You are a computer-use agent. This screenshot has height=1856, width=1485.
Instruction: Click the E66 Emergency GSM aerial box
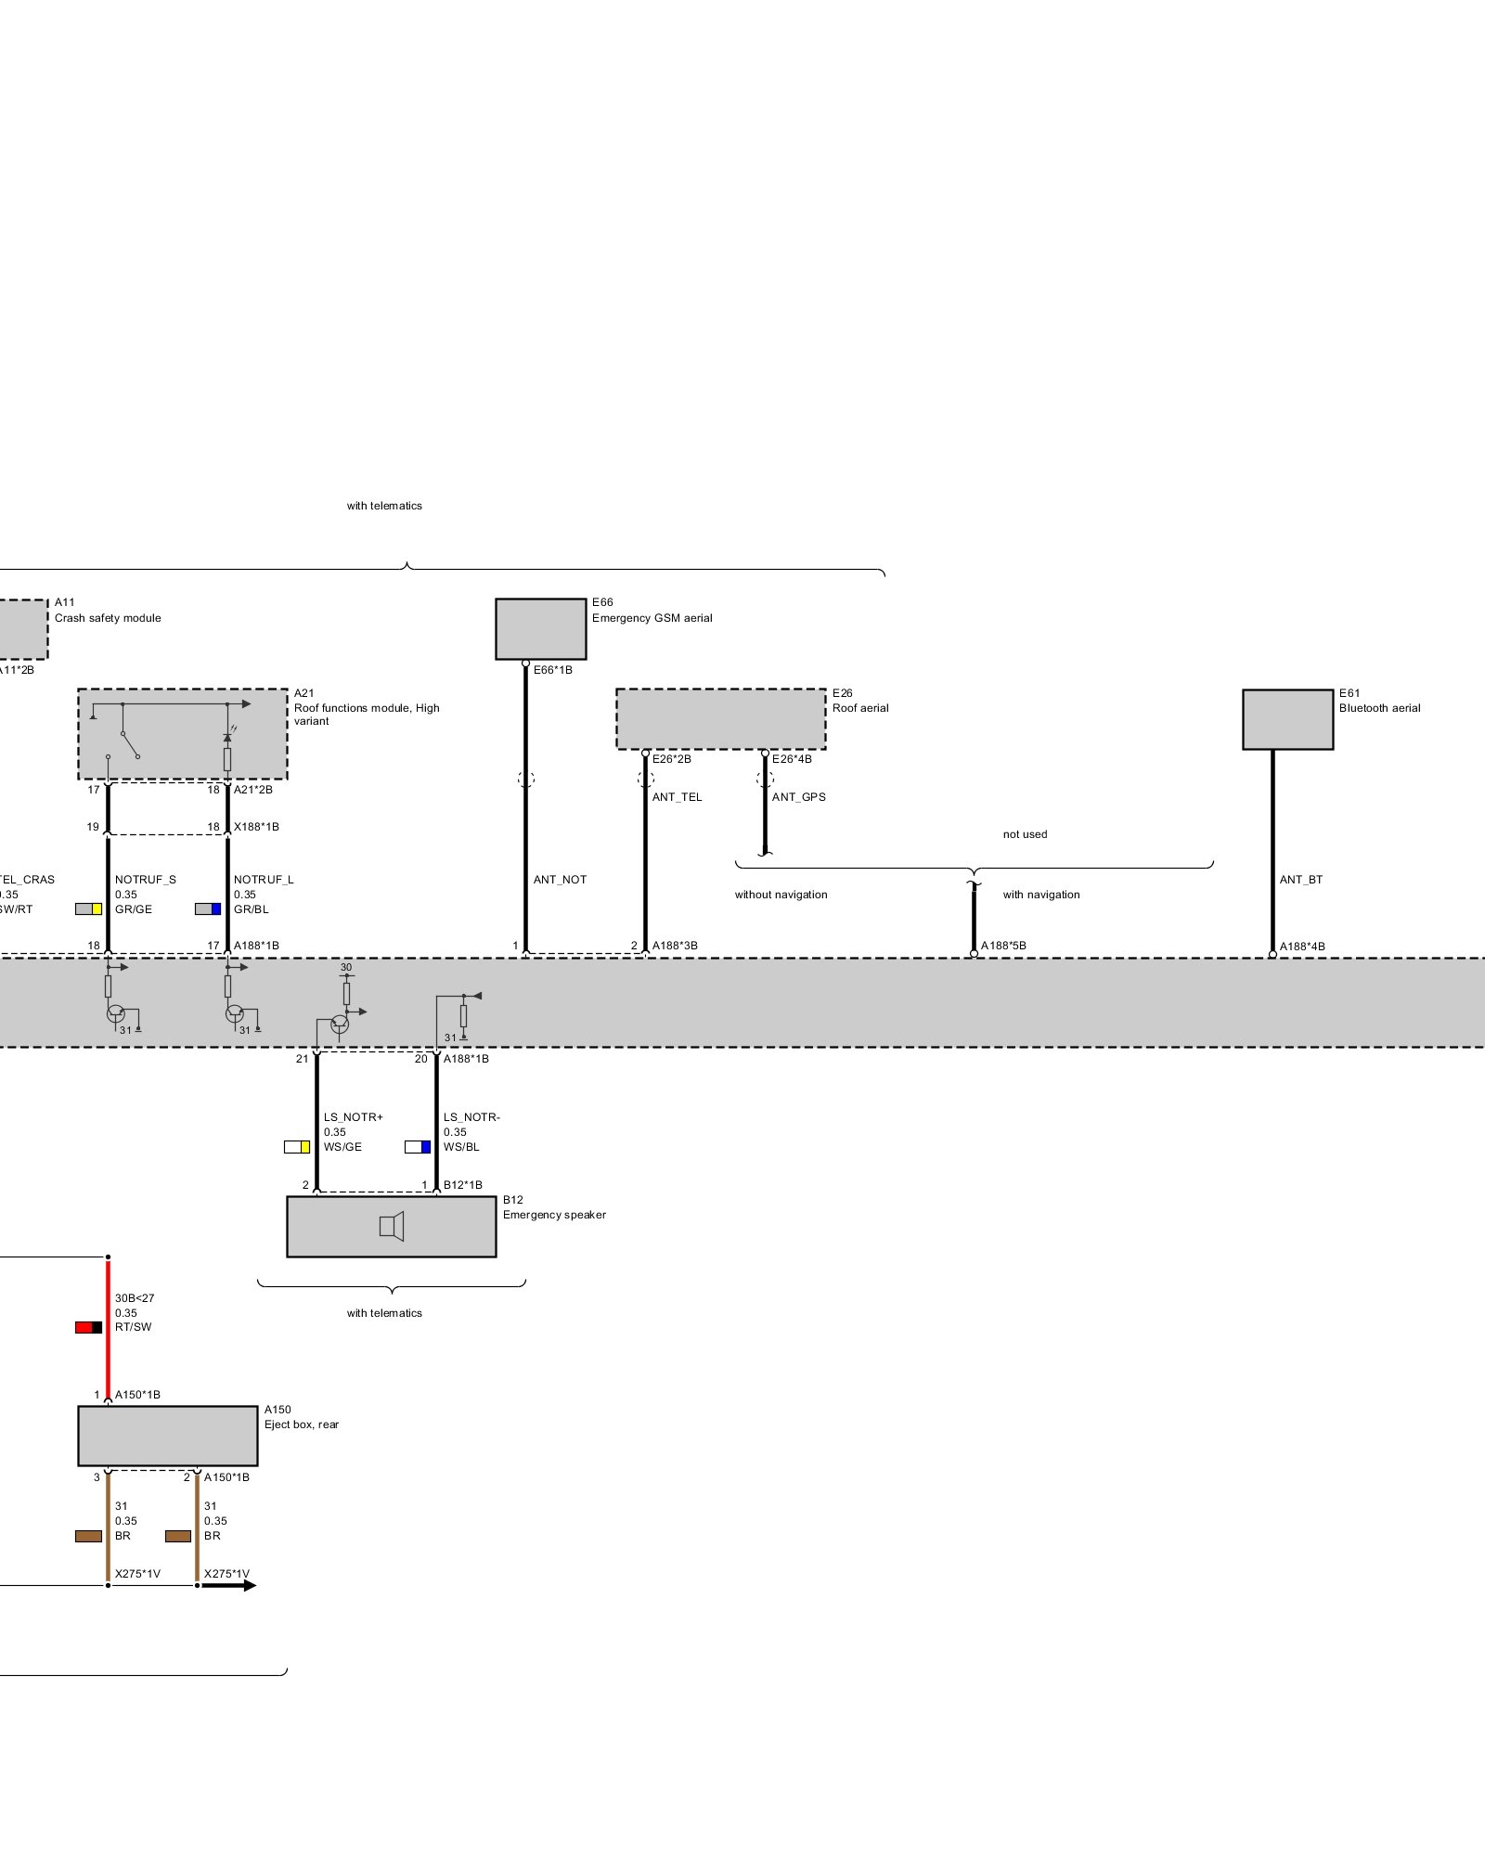tap(540, 628)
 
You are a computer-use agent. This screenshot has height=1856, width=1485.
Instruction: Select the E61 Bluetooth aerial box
tap(1287, 718)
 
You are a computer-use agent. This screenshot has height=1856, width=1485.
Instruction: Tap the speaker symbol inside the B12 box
tap(392, 1227)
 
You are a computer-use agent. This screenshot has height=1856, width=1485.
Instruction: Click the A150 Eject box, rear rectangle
tap(167, 1436)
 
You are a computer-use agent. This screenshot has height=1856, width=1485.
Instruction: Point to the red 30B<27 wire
tap(109, 1327)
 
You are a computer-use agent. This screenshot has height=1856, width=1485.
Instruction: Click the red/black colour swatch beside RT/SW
tap(89, 1327)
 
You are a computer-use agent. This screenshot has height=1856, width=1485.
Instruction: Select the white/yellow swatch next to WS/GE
tap(297, 1147)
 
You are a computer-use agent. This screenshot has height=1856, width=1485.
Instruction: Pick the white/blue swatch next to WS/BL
tap(418, 1147)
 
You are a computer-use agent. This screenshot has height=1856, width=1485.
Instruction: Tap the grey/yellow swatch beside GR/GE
tap(89, 909)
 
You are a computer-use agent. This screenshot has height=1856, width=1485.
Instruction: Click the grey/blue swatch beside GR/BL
tap(208, 909)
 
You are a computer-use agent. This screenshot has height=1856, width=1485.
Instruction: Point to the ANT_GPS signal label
tap(798, 797)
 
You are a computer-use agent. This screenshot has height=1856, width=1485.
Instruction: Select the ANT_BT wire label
tap(1300, 880)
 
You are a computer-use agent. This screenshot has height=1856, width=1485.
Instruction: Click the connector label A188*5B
tap(1003, 946)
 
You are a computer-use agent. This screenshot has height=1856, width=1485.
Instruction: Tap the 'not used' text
tap(1025, 834)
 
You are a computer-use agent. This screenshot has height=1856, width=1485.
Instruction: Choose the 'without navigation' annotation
tap(781, 895)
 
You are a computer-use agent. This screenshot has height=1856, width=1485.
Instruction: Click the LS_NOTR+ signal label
tap(353, 1117)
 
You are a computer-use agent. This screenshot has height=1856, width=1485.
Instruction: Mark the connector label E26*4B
tap(792, 759)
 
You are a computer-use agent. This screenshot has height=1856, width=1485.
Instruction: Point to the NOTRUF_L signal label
tap(264, 880)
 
